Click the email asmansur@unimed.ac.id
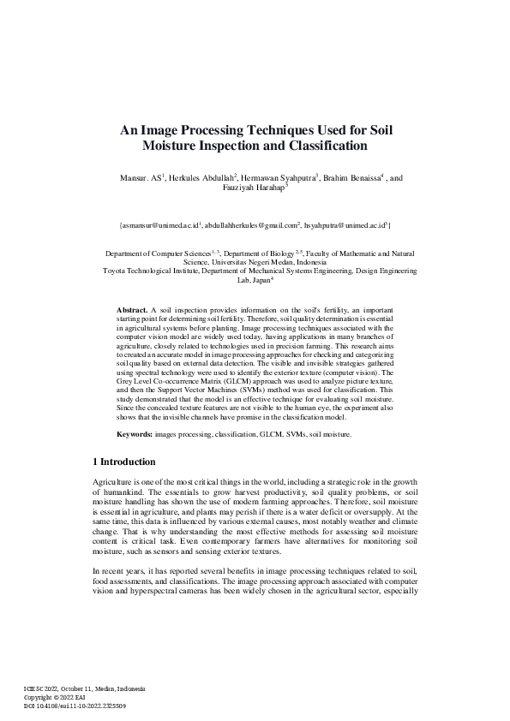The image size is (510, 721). click(159, 225)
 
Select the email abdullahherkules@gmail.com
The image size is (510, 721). click(249, 225)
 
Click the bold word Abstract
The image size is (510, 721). click(131, 307)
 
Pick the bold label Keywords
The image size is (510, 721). click(134, 434)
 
